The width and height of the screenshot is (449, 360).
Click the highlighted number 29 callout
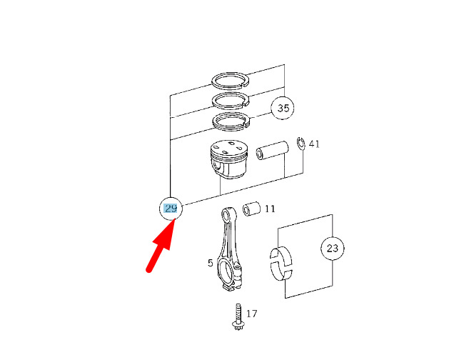pyautogui.click(x=171, y=209)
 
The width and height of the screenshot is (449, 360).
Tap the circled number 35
pyautogui.click(x=283, y=108)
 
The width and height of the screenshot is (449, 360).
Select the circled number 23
pyautogui.click(x=333, y=249)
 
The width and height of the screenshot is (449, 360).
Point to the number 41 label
pyautogui.click(x=314, y=144)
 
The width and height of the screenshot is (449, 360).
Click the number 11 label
pyautogui.click(x=270, y=209)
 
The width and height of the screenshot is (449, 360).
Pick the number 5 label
pyautogui.click(x=211, y=263)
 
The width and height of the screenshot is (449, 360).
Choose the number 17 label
pyautogui.click(x=252, y=314)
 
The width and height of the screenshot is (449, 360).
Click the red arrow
pyautogui.click(x=161, y=246)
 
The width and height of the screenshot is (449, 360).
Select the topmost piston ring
pyautogui.click(x=231, y=80)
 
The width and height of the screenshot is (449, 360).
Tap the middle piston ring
pyautogui.click(x=231, y=101)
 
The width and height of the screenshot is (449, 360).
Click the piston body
pyautogui.click(x=228, y=159)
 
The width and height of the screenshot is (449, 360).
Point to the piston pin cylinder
pyautogui.click(x=272, y=150)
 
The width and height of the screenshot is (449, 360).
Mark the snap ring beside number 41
pyautogui.click(x=301, y=144)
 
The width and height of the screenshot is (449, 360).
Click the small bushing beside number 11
pyautogui.click(x=251, y=209)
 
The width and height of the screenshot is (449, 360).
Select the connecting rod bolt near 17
pyautogui.click(x=238, y=316)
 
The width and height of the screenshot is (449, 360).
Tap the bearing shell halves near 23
pyautogui.click(x=281, y=264)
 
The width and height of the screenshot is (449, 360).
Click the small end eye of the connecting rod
pyautogui.click(x=228, y=214)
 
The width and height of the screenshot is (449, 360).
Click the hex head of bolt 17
pyautogui.click(x=238, y=326)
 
